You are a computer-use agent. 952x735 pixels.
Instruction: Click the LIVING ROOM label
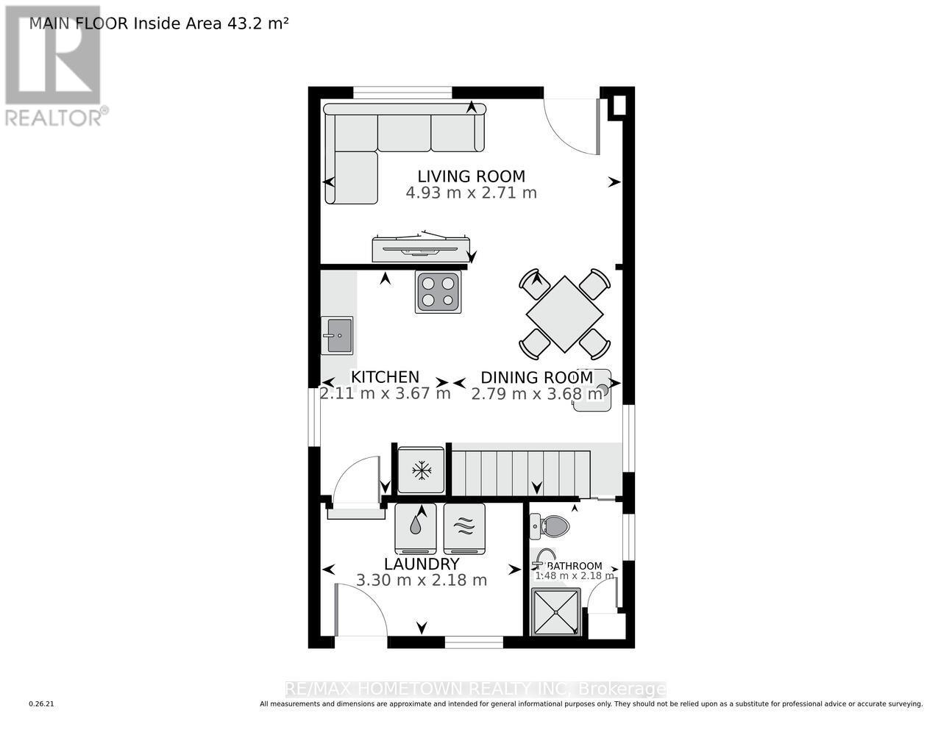(471, 176)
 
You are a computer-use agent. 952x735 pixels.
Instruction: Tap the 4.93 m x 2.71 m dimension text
(471, 193)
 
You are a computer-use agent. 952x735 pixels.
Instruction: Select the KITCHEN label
(385, 377)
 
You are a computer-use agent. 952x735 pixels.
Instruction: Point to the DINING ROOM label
(536, 378)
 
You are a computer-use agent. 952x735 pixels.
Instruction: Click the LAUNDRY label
(422, 564)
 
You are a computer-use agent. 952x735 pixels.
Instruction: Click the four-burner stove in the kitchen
(438, 292)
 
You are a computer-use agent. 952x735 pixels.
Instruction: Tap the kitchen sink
(337, 335)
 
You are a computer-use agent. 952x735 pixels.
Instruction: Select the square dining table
(564, 312)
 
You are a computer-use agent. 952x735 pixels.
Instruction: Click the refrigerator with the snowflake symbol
(421, 470)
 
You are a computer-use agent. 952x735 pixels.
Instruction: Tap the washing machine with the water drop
(416, 527)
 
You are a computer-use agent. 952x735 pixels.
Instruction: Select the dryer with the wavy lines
(464, 527)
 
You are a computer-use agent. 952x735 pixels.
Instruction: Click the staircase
(520, 474)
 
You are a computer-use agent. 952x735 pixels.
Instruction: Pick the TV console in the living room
(421, 248)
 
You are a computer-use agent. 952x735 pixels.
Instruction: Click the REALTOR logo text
(54, 117)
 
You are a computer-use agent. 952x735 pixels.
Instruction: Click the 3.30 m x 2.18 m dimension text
(422, 580)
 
